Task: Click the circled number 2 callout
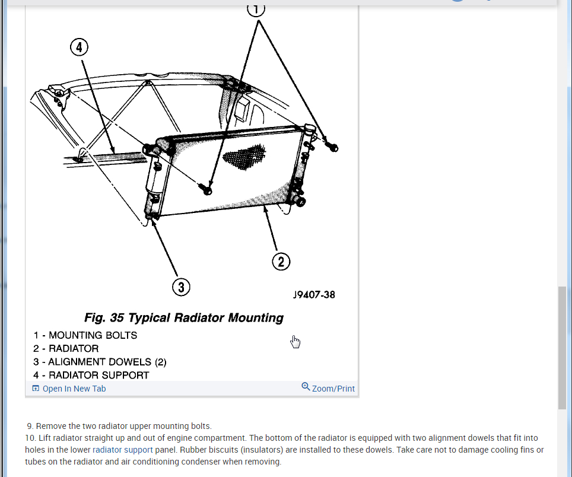point(281,262)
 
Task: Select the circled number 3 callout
point(181,288)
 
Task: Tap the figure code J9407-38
point(314,294)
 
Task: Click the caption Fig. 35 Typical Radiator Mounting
point(184,318)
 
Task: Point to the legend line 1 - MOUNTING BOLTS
point(85,335)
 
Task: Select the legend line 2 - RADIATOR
point(66,348)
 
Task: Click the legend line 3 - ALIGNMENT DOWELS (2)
point(100,362)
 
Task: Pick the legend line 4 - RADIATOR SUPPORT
point(91,375)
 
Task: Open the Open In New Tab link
point(74,389)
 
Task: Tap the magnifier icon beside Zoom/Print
point(306,387)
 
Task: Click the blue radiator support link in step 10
point(123,450)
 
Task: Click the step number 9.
point(30,426)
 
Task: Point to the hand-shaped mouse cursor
point(295,341)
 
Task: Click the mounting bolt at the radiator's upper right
point(333,147)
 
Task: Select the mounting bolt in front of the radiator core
point(206,189)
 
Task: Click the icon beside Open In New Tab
point(36,389)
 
